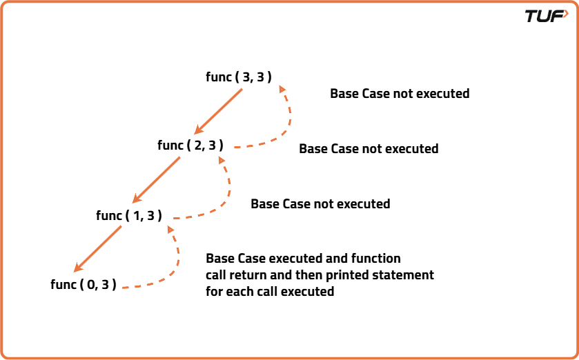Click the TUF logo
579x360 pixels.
547,17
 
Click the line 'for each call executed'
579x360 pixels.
270,292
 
